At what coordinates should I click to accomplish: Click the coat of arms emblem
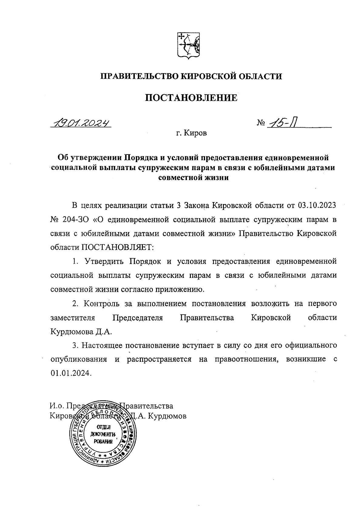tap(188, 45)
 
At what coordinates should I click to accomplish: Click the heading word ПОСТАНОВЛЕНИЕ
tap(191, 98)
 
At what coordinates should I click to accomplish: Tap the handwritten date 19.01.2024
tap(81, 123)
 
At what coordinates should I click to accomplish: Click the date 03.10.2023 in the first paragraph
tap(317, 205)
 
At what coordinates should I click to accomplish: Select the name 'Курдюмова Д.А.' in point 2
tap(81, 332)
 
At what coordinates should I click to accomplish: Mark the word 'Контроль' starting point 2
tap(100, 304)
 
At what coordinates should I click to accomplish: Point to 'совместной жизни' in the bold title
tap(194, 178)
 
